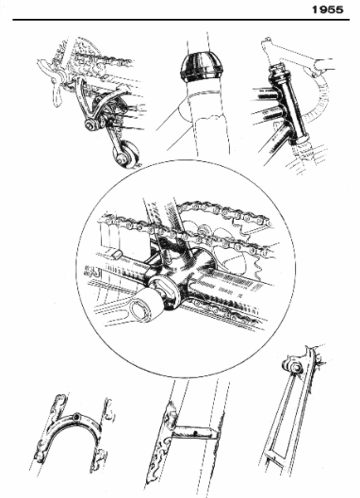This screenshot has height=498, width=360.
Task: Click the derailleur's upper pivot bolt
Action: [x=87, y=126]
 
